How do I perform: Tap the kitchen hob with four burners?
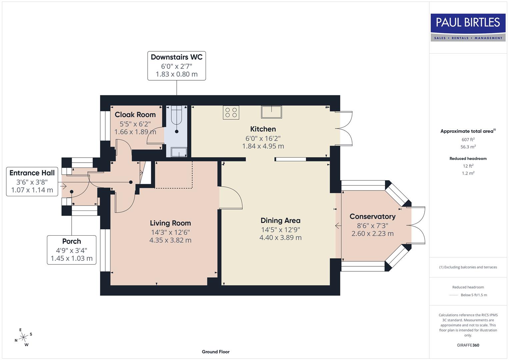pyautogui.click(x=231, y=112)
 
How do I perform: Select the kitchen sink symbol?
pyautogui.click(x=272, y=112)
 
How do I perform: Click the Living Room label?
pyautogui.click(x=170, y=223)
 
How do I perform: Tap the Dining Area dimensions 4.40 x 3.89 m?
pyautogui.click(x=280, y=238)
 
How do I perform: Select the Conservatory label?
pyautogui.click(x=372, y=216)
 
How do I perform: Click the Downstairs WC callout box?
pyautogui.click(x=176, y=66)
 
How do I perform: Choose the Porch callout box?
pyautogui.click(x=71, y=250)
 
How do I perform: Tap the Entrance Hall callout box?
pyautogui.click(x=32, y=181)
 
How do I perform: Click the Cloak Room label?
pyautogui.click(x=135, y=115)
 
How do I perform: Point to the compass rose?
pyautogui.click(x=23, y=337)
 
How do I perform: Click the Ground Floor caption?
pyautogui.click(x=215, y=352)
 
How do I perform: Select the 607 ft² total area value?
pyautogui.click(x=468, y=140)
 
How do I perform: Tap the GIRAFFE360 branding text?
pyautogui.click(x=468, y=345)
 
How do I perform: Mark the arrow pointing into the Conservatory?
pyautogui.click(x=338, y=226)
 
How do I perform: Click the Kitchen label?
pyautogui.click(x=263, y=129)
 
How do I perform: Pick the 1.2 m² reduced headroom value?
pyautogui.click(x=468, y=173)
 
